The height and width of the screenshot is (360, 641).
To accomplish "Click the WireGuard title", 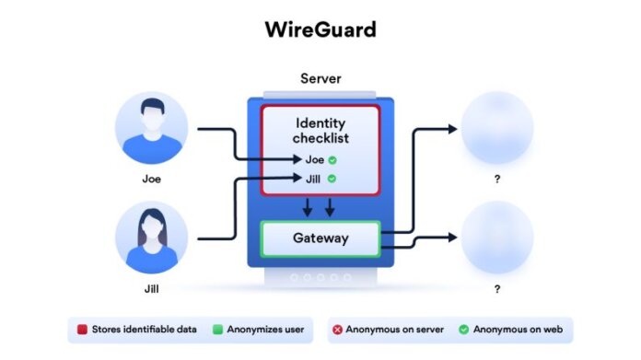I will click(320, 29).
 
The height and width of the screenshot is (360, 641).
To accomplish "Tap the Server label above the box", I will click(320, 80).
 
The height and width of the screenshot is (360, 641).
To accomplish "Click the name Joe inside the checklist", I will click(314, 160).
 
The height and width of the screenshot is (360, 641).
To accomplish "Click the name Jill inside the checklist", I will click(314, 179).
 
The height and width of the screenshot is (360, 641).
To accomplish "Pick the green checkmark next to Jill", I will click(331, 179).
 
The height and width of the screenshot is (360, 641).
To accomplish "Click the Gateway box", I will click(320, 238).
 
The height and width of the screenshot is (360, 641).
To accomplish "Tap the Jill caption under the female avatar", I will click(151, 289).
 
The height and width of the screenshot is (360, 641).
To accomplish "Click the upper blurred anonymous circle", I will click(496, 128).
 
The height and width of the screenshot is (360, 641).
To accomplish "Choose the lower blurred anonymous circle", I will click(496, 237).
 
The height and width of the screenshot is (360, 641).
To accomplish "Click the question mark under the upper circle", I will click(496, 180).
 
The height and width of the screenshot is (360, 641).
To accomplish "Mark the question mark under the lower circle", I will click(496, 289).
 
